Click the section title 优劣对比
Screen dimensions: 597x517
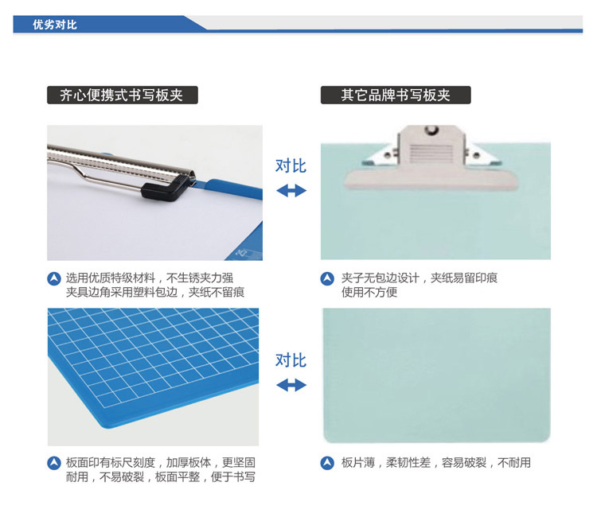55,25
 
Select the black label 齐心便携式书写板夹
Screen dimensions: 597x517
123,95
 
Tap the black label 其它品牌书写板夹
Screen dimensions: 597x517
396,95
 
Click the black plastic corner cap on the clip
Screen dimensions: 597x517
165,188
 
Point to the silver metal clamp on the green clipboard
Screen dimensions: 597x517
431,157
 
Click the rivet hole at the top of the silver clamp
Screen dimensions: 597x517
431,130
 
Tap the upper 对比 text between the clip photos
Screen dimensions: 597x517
291,166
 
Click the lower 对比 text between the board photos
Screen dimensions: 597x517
291,360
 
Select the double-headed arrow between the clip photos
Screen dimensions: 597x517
291,191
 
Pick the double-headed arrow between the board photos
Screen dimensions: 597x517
291,385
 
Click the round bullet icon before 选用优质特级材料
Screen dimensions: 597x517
54,278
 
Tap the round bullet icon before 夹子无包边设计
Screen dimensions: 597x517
327,278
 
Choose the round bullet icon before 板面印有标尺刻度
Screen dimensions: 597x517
54,463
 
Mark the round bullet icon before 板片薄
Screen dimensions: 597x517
327,463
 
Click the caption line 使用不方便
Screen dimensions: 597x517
369,292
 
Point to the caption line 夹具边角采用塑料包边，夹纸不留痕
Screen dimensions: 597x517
155,292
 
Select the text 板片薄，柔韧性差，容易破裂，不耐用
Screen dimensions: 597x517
436,463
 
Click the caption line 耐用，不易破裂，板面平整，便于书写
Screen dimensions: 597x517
160,476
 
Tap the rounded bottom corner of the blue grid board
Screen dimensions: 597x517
107,426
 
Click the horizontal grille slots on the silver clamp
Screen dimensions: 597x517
431,153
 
